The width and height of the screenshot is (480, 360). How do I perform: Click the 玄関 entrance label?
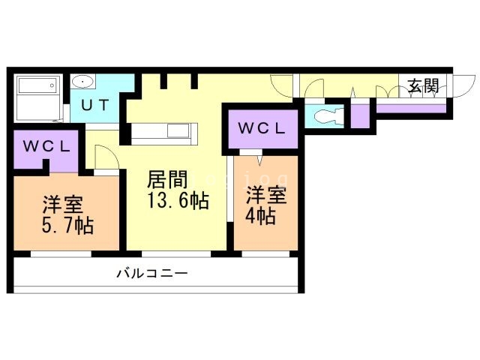(423, 86)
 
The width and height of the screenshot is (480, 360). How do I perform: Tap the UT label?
(95, 105)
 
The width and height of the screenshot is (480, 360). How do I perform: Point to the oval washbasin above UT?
(82, 81)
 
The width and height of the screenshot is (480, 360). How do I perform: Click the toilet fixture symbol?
(328, 117)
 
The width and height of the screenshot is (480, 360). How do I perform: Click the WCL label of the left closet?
(46, 145)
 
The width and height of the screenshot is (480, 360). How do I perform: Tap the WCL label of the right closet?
(262, 128)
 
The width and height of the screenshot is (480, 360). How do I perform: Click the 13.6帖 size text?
(177, 201)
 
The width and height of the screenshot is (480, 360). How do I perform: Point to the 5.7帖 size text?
(67, 225)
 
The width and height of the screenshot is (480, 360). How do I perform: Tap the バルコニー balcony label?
(151, 274)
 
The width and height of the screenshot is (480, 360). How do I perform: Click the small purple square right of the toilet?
(361, 115)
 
